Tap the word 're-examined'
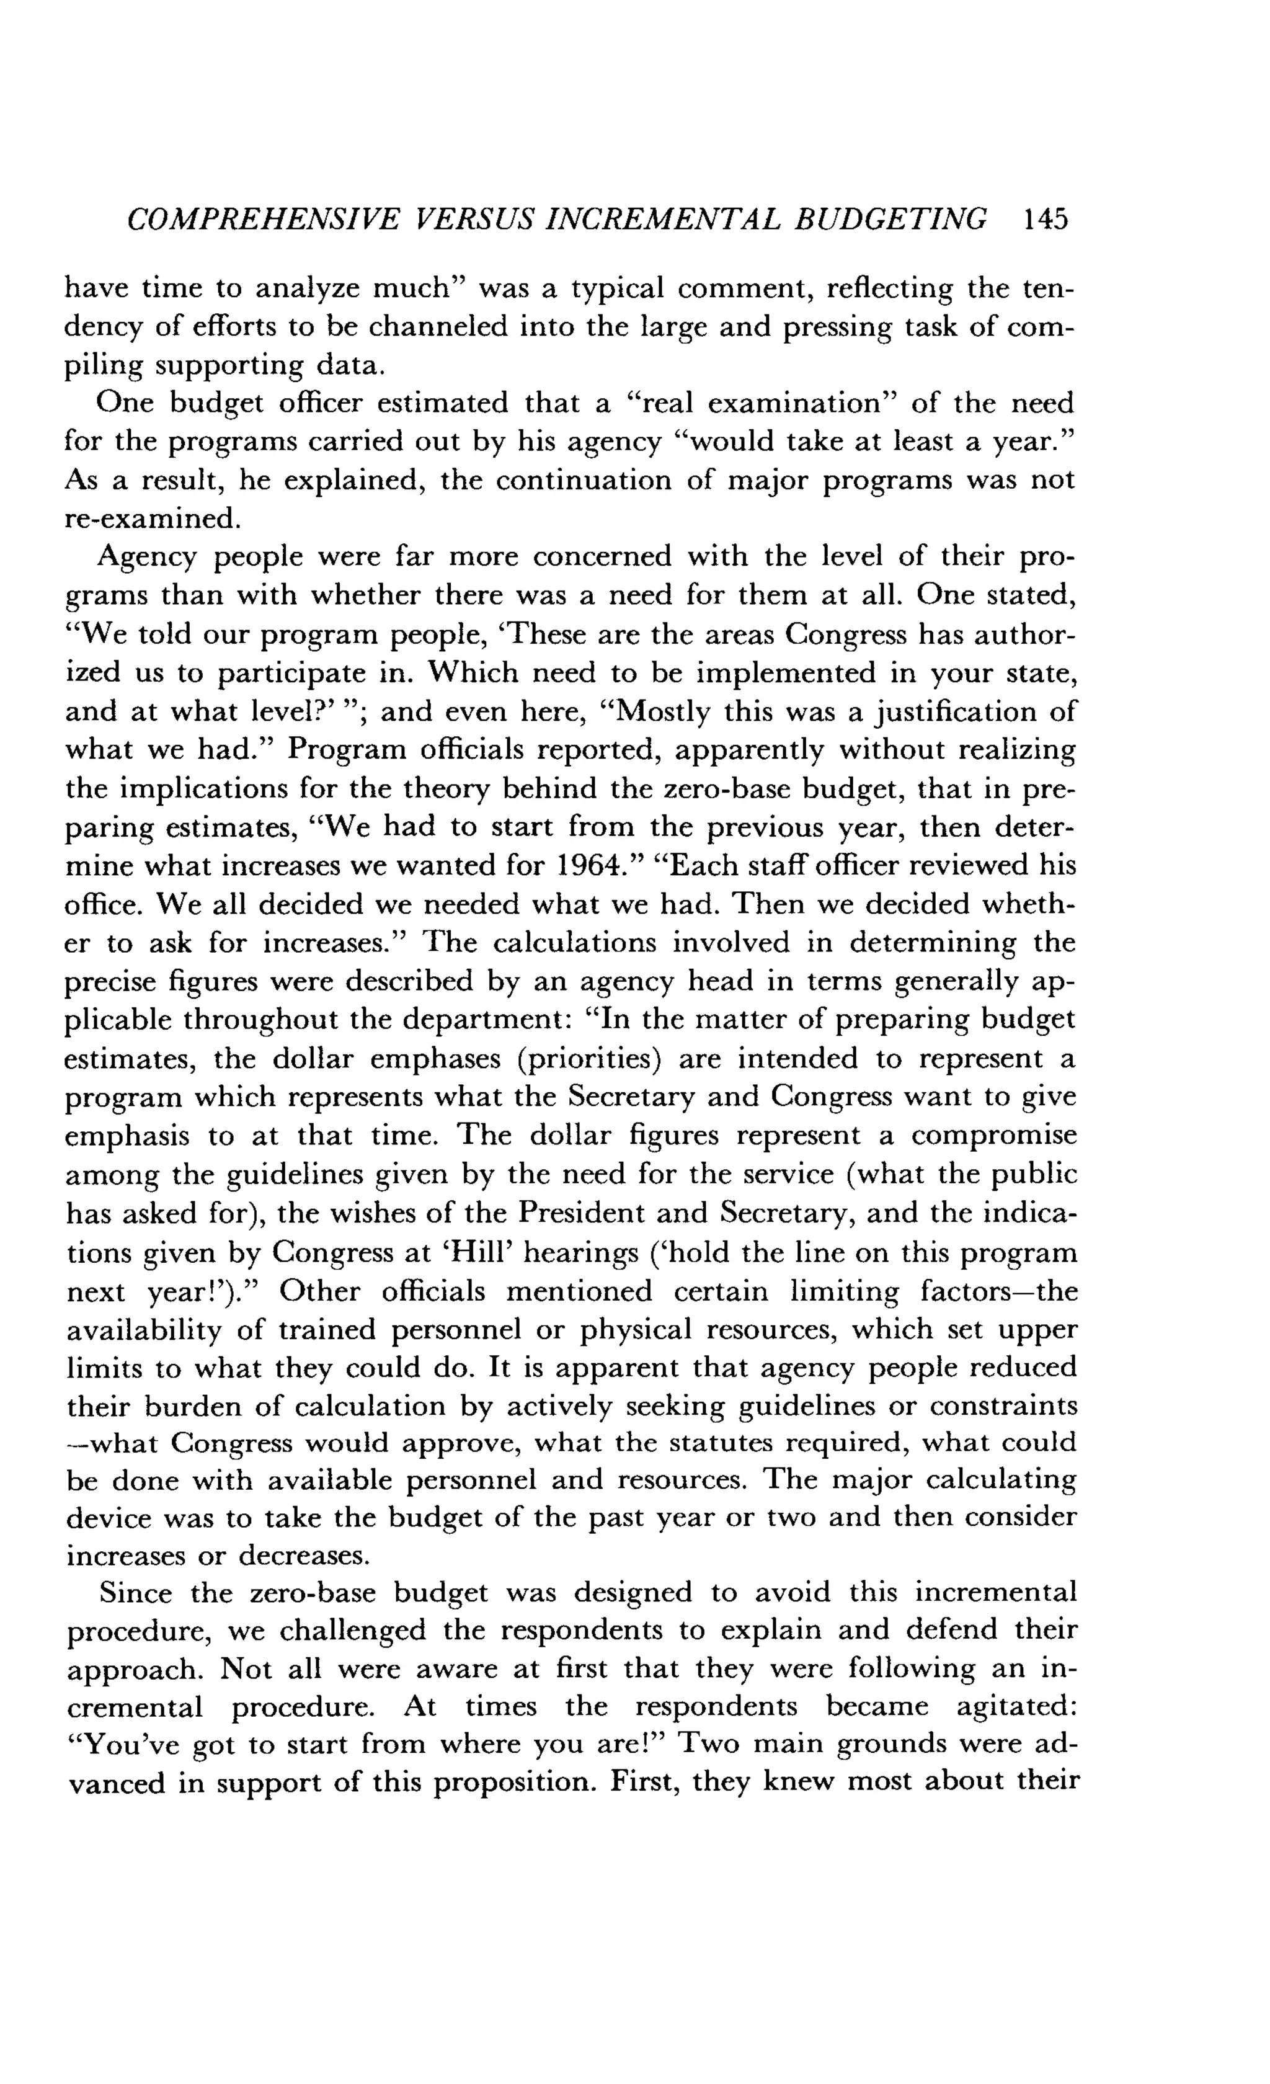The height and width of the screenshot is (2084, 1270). point(152,518)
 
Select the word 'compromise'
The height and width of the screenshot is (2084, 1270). point(993,1136)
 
